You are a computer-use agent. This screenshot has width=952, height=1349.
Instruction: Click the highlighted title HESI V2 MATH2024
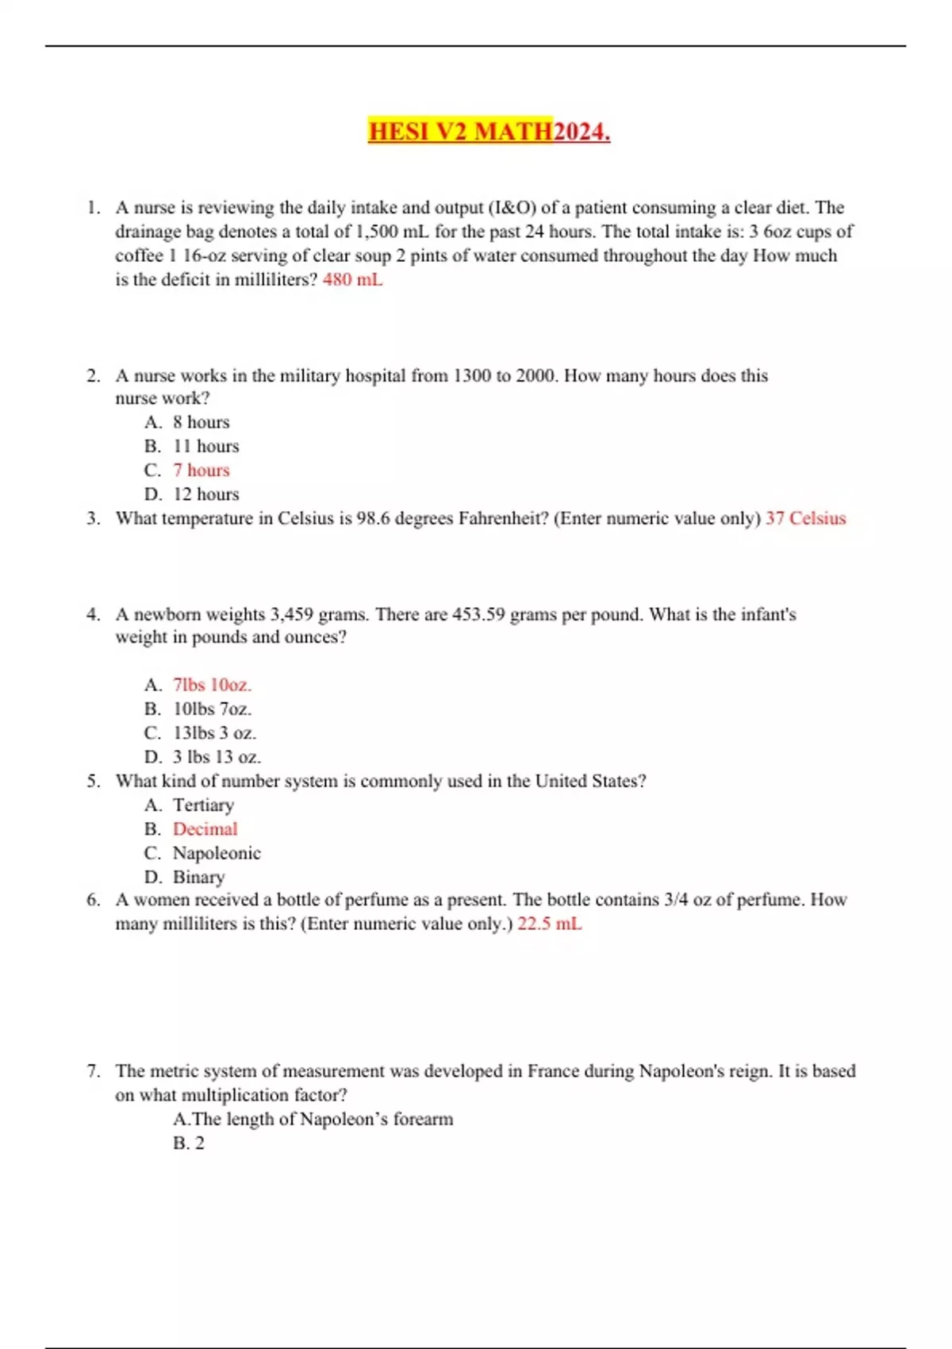tap(489, 131)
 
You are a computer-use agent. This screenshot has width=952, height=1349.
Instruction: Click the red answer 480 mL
tap(352, 279)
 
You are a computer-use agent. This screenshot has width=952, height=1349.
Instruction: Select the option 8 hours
tap(201, 422)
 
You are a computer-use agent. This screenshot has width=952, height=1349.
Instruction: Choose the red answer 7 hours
tap(201, 470)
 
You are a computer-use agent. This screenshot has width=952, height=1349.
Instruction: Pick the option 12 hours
tap(205, 494)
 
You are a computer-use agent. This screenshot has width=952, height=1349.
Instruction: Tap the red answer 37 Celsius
tap(805, 518)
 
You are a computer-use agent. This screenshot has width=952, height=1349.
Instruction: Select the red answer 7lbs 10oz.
tap(212, 685)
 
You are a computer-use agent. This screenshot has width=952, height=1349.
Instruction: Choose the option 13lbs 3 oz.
tap(214, 732)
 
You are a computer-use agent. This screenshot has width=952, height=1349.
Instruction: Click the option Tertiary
tap(203, 805)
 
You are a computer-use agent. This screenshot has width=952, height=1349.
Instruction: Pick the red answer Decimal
tap(205, 828)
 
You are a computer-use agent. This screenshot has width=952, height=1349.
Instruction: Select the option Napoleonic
tap(217, 853)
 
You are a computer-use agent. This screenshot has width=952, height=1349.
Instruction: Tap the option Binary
tap(198, 877)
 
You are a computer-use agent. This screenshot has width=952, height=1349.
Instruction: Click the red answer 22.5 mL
tap(549, 924)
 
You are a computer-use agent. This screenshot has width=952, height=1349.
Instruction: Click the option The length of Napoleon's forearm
tap(313, 1119)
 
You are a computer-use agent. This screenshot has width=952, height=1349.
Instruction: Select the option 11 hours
tap(205, 446)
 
